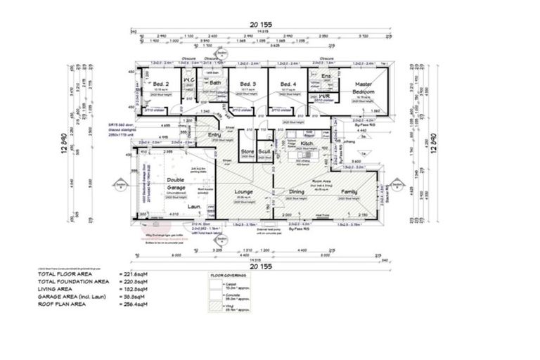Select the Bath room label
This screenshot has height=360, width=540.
(216, 83)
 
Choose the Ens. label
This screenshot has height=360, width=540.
(326, 76)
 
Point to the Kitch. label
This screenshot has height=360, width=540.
(307, 143)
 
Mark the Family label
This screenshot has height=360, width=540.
(349, 191)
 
